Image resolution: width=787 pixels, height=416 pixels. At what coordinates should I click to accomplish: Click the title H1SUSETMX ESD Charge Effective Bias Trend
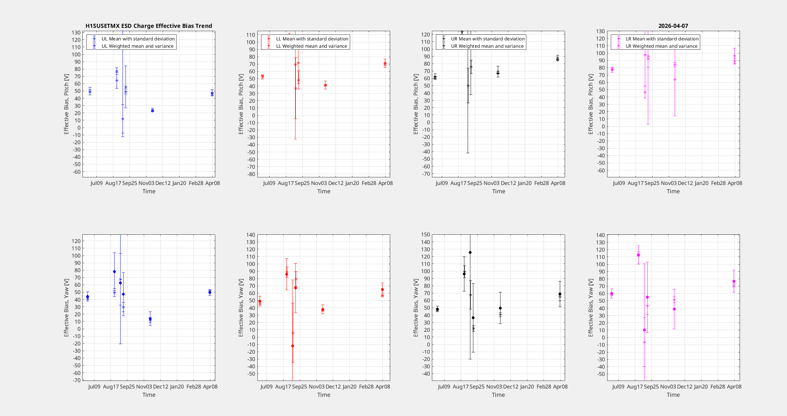(149, 26)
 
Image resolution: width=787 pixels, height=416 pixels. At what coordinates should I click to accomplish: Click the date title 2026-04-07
(673, 26)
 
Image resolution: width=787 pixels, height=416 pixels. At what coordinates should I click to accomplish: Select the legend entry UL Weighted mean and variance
(137, 46)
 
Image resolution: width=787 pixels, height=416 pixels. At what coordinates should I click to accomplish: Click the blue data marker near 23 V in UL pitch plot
(152, 110)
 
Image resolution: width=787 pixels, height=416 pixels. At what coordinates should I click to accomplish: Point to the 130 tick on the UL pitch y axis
(76, 32)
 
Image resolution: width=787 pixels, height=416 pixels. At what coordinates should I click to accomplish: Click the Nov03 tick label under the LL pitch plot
(319, 183)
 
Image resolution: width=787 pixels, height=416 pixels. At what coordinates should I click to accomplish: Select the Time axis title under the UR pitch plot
(498, 191)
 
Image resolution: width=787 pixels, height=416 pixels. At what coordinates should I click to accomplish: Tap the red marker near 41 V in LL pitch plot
(325, 85)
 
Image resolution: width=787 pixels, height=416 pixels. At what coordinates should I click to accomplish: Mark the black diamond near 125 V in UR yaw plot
(470, 253)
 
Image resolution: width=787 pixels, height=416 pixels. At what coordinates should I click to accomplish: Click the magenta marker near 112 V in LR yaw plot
(638, 255)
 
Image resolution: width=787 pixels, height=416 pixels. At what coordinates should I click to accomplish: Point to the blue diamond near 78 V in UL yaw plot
(114, 271)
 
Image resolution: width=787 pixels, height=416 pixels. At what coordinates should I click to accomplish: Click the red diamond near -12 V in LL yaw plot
(292, 346)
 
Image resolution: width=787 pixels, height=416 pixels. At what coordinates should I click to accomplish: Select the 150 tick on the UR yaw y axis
(426, 235)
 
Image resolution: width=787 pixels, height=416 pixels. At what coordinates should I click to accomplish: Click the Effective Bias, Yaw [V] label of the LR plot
(591, 308)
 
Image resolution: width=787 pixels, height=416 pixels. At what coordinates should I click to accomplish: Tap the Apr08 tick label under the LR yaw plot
(734, 386)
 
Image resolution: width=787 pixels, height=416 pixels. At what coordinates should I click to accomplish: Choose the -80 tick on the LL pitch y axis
(251, 174)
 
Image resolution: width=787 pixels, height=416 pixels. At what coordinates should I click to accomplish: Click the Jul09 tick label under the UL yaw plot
(94, 386)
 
